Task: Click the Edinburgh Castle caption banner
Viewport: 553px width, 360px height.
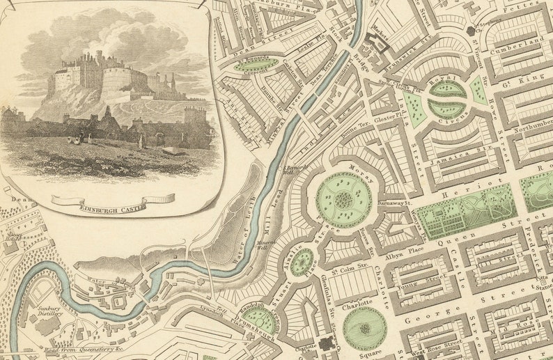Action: point(114,201)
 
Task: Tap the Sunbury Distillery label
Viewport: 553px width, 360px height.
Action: point(49,311)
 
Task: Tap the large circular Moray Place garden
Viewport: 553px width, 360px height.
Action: point(343,201)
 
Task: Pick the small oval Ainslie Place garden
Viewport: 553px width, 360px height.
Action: point(302,262)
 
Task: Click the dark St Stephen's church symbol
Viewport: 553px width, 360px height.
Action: point(472,30)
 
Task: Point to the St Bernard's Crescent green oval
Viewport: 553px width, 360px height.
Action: point(255,65)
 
